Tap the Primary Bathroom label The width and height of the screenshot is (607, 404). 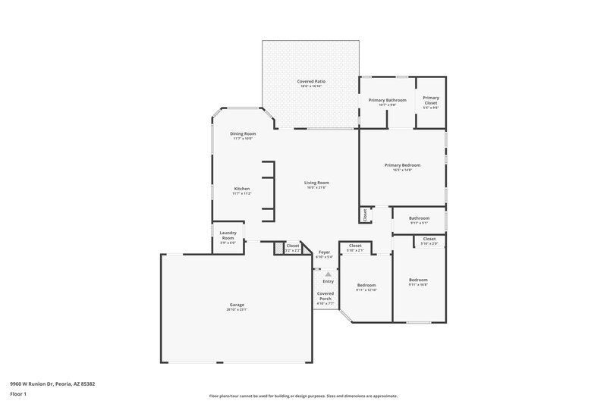tap(387, 100)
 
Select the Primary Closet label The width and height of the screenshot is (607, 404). tap(431, 98)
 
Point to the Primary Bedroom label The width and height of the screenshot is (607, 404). tap(402, 164)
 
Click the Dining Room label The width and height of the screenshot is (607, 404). tap(243, 133)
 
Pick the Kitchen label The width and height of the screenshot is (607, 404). tap(242, 189)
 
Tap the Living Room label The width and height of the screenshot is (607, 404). tap(316, 183)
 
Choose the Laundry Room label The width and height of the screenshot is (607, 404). tap(228, 236)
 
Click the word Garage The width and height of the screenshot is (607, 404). tap(237, 305)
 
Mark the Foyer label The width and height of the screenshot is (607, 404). tap(324, 252)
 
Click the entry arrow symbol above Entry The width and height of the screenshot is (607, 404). tap(328, 274)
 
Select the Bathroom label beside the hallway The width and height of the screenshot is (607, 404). tap(419, 218)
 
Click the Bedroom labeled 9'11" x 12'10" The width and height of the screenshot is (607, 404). tap(366, 285)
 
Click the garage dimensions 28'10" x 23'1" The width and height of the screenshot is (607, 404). tap(237, 310)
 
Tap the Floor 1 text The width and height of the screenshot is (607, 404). tap(18, 394)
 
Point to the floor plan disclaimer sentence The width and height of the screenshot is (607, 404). tap(303, 396)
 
